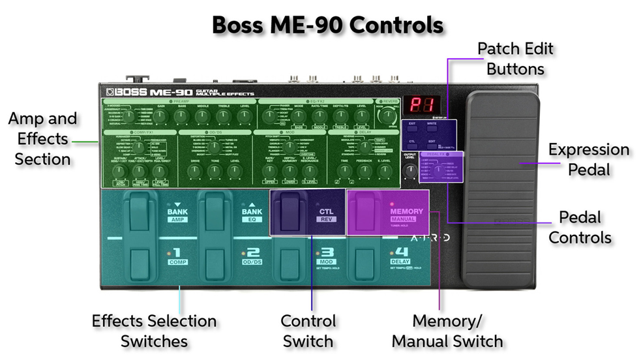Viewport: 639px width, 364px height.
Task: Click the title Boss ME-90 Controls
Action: [x=327, y=25]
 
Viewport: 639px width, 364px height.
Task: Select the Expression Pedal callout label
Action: [x=589, y=160]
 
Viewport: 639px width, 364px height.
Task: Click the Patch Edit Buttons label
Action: [x=515, y=59]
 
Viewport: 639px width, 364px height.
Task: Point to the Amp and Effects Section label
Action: [x=42, y=138]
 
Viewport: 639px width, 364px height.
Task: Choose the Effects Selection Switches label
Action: [x=154, y=331]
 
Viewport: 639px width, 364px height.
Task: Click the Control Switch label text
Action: [x=308, y=331]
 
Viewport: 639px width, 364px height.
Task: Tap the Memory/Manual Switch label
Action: [x=458, y=331]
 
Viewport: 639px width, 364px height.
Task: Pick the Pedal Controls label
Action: [x=580, y=226]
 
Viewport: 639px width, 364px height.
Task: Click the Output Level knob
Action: [x=410, y=172]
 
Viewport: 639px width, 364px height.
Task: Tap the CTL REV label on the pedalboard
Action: [x=326, y=215]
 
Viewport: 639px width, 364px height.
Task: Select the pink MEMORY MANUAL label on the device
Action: [x=406, y=215]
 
